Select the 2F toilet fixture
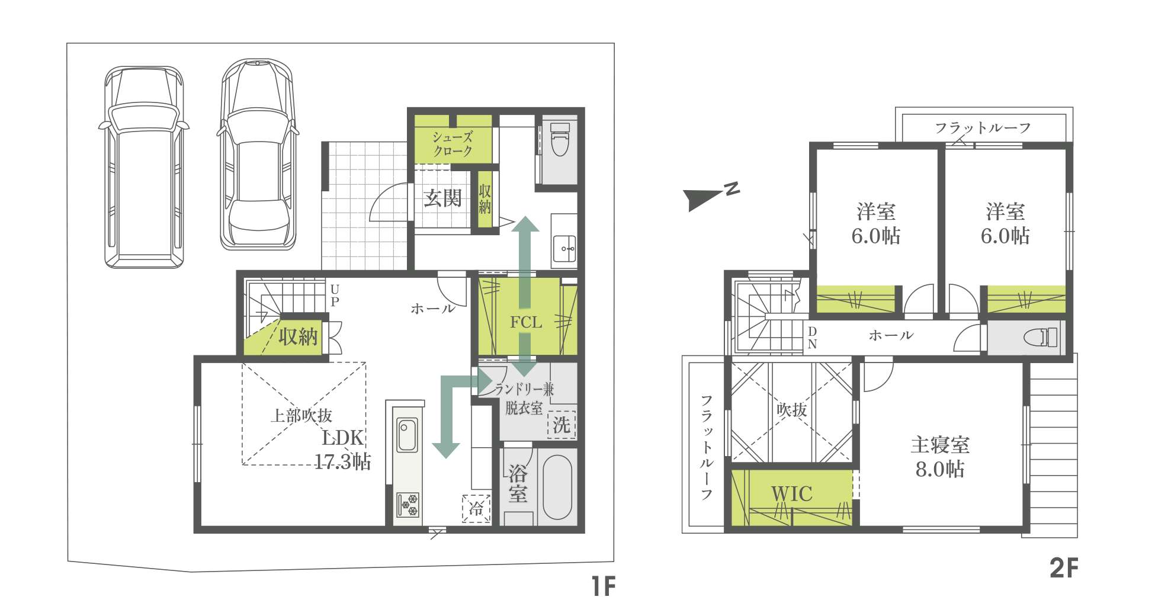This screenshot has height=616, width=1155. pos(1041,337)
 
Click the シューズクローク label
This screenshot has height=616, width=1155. pos(453,144)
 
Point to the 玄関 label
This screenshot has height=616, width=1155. pos(442,198)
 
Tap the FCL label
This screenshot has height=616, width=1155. pos(526,322)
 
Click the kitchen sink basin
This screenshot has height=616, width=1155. pos(407,435)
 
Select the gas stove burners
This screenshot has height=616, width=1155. pos(408,505)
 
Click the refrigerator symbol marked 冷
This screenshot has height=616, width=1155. pos(476,508)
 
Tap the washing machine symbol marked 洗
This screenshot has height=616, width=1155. pos(562,425)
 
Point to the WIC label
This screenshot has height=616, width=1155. pos(791,493)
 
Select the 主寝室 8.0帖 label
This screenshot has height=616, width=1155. pos(940,457)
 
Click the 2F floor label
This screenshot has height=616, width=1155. pos(1064,568)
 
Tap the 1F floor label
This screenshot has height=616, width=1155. pos(604,586)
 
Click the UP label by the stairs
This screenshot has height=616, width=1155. pos(335,295)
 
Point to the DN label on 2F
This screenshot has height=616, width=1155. pos(812,338)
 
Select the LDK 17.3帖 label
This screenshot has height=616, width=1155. pos(342,449)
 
